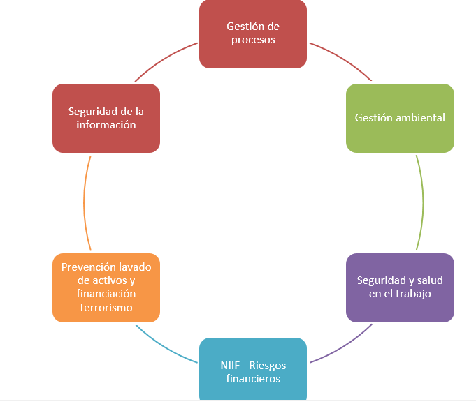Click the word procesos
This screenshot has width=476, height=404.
[x=253, y=40]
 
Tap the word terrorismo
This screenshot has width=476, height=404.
[x=106, y=308]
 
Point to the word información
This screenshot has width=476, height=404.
[x=106, y=125]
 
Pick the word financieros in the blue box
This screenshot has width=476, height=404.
[x=253, y=379]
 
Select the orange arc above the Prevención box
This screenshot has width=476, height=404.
[x=85, y=202]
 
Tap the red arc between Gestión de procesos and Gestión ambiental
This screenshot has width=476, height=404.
[x=342, y=59]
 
